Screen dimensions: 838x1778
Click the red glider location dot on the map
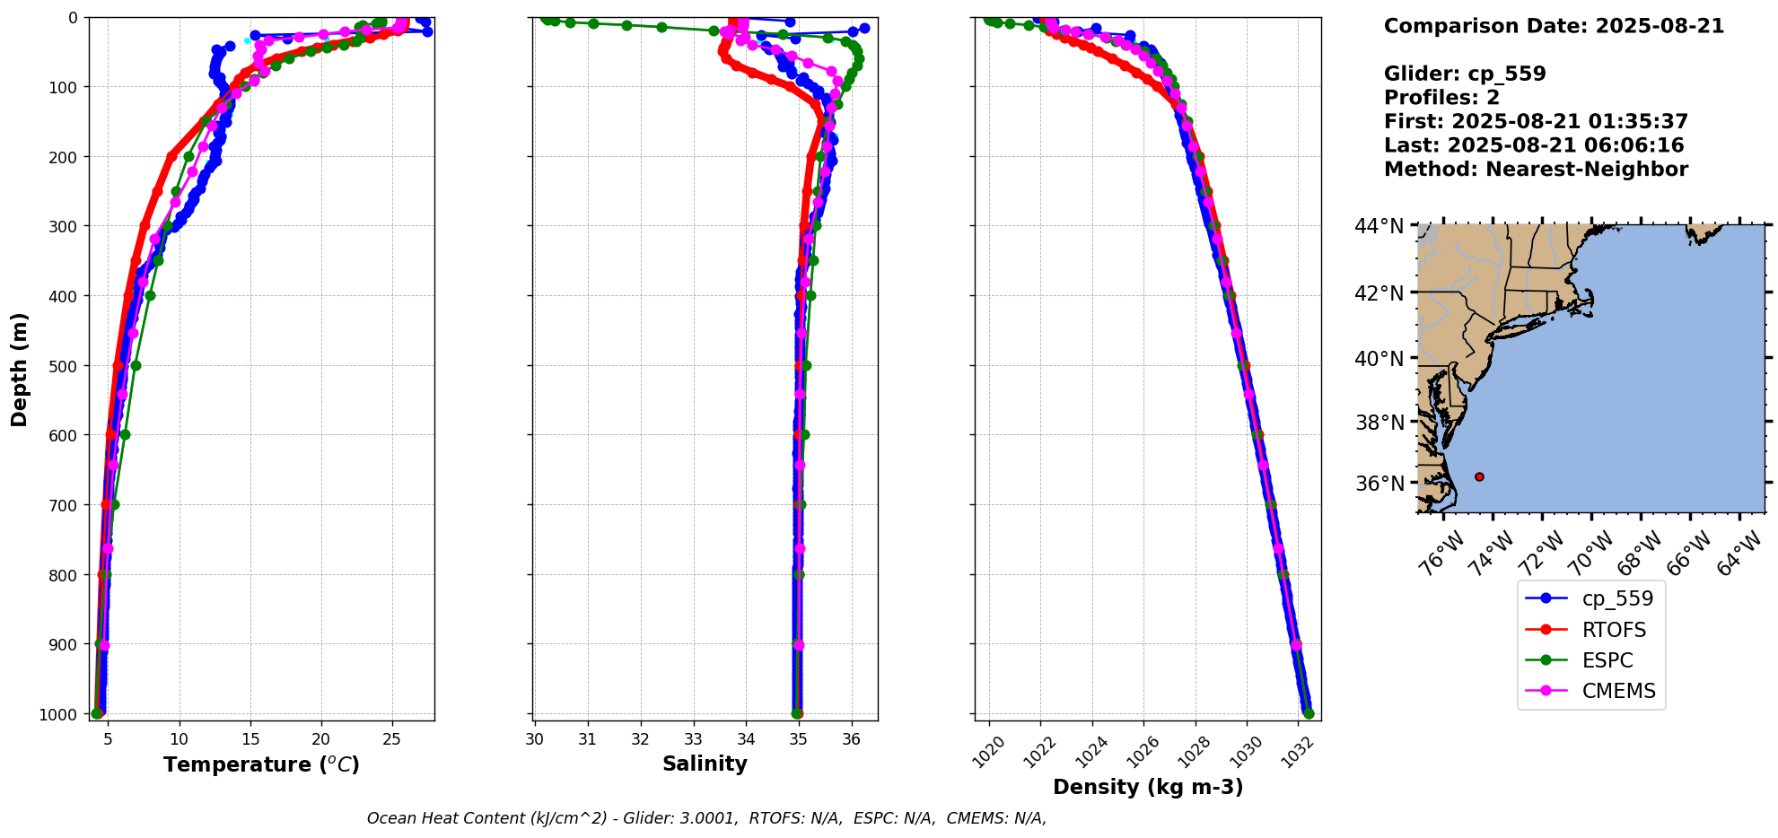1479,476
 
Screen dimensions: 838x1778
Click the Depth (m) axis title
20,369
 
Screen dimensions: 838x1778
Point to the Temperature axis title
261,764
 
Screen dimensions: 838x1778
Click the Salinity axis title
705,764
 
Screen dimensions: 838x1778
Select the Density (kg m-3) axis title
1148,787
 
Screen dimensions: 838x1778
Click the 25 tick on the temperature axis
391,739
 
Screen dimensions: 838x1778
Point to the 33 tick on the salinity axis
693,739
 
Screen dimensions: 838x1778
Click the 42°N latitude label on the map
1379,293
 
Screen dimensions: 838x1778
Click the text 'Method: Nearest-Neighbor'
1536,170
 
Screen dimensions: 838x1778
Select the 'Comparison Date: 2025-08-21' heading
1554,26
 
